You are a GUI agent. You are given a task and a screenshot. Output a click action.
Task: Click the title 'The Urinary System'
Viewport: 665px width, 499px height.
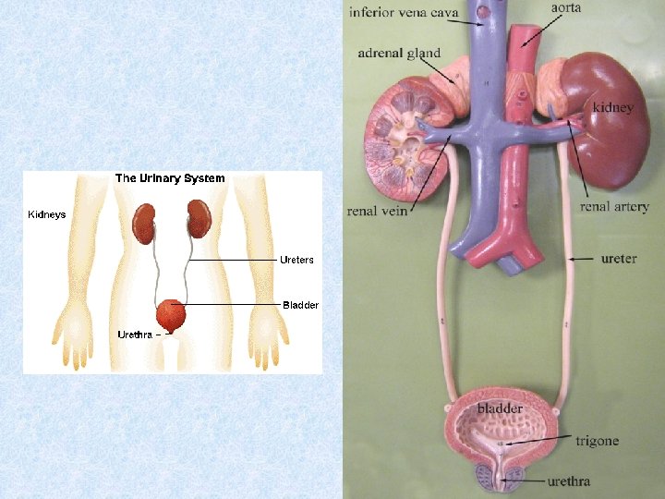pos(169,178)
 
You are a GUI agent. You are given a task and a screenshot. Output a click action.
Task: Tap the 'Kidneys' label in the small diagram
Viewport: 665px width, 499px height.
pos(47,214)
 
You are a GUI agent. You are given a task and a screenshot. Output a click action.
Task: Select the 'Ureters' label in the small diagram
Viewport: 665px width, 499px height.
pos(296,261)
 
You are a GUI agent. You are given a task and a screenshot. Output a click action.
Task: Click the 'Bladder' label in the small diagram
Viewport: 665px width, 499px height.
pos(300,305)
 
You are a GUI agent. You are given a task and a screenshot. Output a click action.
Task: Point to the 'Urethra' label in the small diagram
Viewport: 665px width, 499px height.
pos(135,334)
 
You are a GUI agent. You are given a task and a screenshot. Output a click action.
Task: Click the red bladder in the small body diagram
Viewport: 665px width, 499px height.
pos(171,314)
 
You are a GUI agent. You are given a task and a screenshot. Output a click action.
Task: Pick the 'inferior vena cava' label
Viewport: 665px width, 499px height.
pos(405,13)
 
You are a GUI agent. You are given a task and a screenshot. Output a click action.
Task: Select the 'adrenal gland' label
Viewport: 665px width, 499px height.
pos(399,54)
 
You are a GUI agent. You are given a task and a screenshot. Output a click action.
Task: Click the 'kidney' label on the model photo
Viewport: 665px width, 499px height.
pos(613,108)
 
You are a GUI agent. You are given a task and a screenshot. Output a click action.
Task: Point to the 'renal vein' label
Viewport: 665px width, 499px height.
pos(377,211)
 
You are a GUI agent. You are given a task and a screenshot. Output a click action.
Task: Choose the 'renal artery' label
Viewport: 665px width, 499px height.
pos(614,207)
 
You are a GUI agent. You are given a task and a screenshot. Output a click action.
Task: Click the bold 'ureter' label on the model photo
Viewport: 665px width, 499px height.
pos(618,259)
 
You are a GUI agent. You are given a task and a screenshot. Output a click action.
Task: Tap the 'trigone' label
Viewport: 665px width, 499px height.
pos(597,442)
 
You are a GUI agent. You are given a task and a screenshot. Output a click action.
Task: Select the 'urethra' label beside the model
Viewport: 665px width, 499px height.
pos(568,481)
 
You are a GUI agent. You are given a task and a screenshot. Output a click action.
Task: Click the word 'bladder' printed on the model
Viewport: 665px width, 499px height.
pos(500,408)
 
